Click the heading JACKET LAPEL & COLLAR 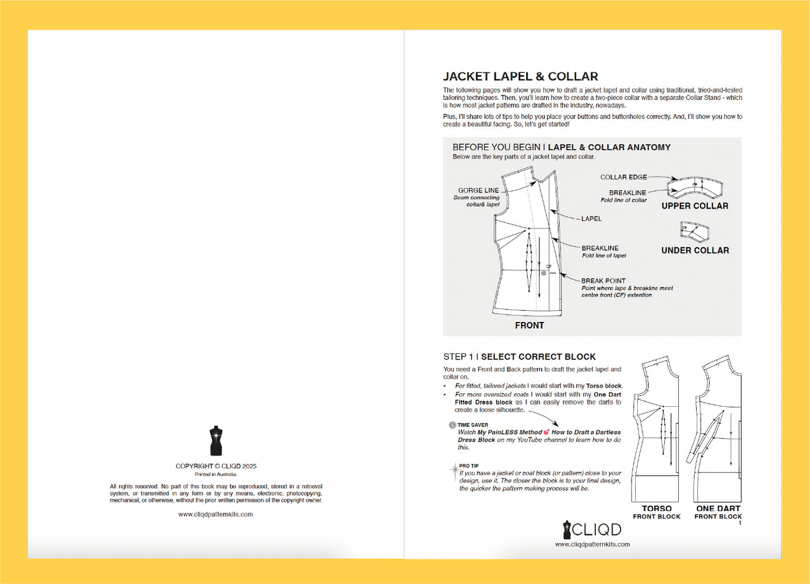coord(520,76)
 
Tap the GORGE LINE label coord(478,190)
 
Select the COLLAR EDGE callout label coord(623,177)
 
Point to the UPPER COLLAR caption coord(695,206)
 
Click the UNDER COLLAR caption coord(695,250)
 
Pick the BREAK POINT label coord(603,280)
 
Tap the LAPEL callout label coord(591,219)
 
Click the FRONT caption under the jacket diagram coord(529,325)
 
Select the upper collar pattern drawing coord(695,187)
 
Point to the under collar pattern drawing coord(694,231)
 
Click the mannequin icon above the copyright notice coord(216,441)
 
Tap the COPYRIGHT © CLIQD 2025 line coord(216,466)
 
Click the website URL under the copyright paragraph coord(216,514)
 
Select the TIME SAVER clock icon coord(452,425)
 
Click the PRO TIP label coord(469,466)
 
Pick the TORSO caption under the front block coord(656,508)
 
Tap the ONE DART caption coord(718,508)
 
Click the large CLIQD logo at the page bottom coord(592,530)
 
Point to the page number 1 coord(740,523)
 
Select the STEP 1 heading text coord(519,357)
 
